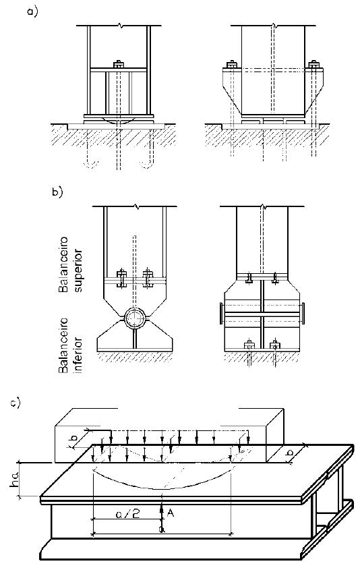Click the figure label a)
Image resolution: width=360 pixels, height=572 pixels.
[32, 11]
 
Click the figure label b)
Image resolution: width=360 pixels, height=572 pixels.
[57, 192]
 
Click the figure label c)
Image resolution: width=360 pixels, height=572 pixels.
[16, 403]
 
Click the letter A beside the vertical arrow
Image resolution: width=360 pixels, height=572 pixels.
[170, 513]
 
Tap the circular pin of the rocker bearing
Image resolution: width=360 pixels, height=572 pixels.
[135, 318]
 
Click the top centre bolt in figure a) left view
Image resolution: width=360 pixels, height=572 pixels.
[119, 65]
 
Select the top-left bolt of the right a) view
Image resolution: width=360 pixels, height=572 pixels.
[231, 65]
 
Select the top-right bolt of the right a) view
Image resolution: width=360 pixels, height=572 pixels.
[313, 65]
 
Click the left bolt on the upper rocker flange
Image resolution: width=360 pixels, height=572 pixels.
[121, 279]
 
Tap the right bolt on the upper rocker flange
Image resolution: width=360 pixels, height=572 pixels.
[148, 279]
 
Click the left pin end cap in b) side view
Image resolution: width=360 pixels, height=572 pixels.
[222, 314]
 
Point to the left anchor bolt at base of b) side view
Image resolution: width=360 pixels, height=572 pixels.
[249, 345]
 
